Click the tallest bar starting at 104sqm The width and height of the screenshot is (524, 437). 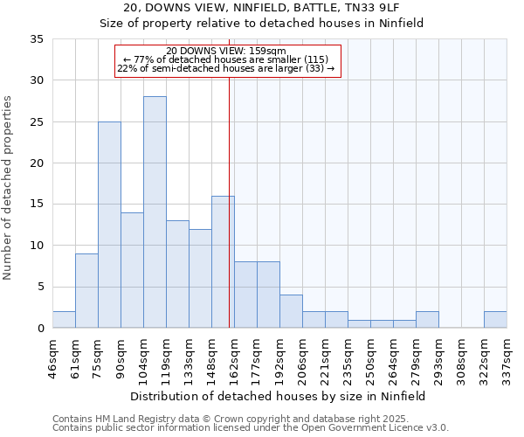pos(155,212)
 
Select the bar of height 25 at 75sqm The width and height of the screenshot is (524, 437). pos(109,225)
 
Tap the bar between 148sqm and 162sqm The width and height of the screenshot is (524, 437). pos(223,262)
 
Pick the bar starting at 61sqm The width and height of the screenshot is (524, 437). pos(86,290)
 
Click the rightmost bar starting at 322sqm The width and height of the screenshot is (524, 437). pos(495,320)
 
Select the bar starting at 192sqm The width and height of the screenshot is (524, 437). pos(291,311)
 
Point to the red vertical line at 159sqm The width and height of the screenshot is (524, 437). pos(229,218)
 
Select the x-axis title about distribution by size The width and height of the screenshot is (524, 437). pos(279,396)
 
